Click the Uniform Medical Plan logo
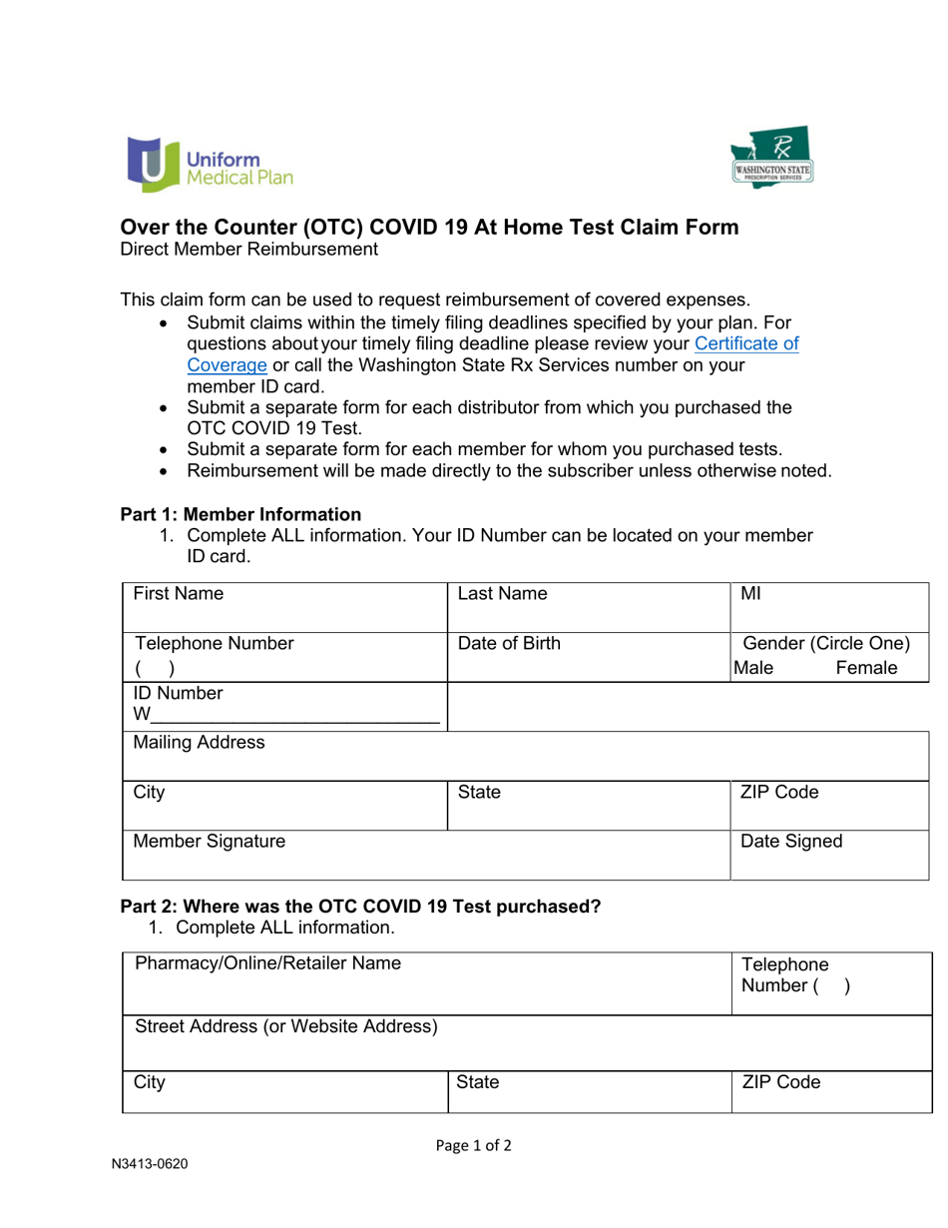[x=210, y=165]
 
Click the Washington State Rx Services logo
[x=772, y=158]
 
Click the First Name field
[x=284, y=606]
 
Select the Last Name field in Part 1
[x=588, y=606]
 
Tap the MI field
[x=828, y=606]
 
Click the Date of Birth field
[x=588, y=656]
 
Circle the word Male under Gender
[x=753, y=668]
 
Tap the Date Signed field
[x=829, y=855]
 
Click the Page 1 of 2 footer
[x=474, y=1145]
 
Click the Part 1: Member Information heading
[x=240, y=514]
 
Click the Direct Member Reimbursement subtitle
[x=248, y=250]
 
